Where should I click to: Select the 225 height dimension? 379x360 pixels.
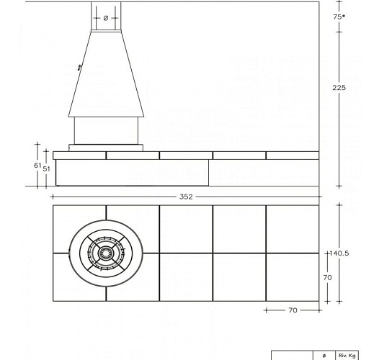coord(339,87)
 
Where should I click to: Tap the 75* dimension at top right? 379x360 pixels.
coord(339,16)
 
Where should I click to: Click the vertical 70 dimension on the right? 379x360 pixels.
coord(326,276)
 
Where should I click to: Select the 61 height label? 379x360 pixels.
coord(37,165)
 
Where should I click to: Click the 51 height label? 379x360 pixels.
coord(46,168)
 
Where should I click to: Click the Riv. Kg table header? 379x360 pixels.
coord(348,355)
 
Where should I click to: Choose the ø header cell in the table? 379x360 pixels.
coord(324,355)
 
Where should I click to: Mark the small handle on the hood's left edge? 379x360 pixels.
coord(79,68)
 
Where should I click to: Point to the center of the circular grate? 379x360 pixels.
coord(106,253)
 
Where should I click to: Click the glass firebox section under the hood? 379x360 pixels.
coord(106,130)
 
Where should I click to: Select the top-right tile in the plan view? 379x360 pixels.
coord(293,229)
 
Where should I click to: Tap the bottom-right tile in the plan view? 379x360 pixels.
coord(293,277)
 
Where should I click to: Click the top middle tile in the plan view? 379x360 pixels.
coord(186,229)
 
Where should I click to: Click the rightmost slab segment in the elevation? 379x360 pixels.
coord(293,156)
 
